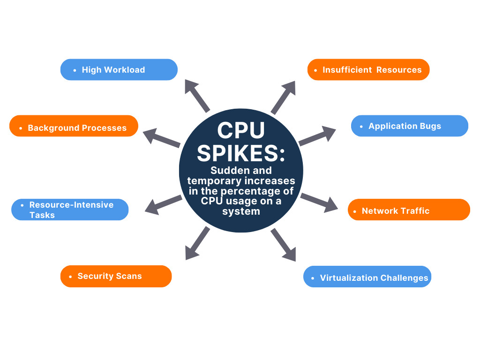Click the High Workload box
pos(119,70)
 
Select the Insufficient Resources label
pos(368,70)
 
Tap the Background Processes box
pos(74,126)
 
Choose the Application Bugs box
pos(410,126)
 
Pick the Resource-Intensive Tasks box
pos(70,210)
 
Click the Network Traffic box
pos(409,210)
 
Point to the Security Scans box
pos(116,276)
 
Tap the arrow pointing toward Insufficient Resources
pos(284,98)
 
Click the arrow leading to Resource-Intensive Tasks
pos(163,204)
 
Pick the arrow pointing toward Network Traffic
pos(319,202)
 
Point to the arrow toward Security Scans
pos(197,243)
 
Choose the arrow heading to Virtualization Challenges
pos(284,244)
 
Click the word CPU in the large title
pos(240,131)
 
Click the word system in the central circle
pos(241,211)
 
